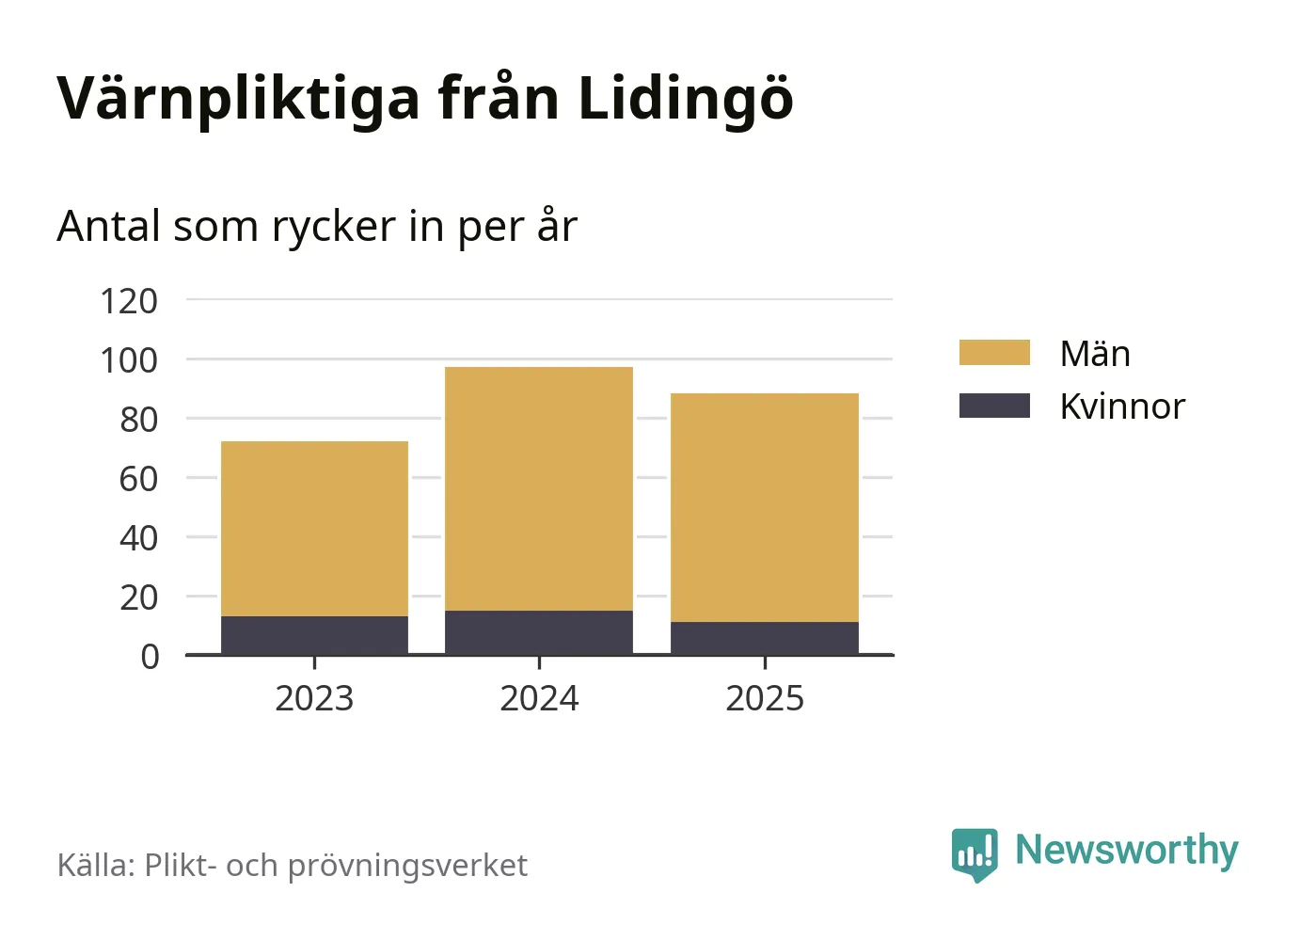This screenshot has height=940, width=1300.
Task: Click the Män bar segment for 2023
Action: coord(314,529)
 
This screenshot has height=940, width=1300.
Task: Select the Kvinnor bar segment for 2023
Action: coord(314,635)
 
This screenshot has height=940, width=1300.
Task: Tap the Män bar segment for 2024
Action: coord(539,488)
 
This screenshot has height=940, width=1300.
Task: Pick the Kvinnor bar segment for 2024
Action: coord(539,632)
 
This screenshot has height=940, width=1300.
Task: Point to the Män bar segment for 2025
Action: coord(765,507)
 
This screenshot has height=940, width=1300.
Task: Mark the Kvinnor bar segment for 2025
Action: coord(765,638)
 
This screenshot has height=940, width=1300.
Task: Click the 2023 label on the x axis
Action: coord(314,698)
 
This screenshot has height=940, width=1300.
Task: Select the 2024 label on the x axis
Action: coord(539,698)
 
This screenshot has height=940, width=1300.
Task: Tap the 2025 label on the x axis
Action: coord(765,698)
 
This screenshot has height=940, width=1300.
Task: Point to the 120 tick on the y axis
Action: coord(129,301)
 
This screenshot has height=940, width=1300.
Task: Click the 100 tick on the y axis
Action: coord(129,360)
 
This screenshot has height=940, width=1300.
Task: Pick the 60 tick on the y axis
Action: coord(138,479)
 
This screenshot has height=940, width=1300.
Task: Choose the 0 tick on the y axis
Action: coord(150,656)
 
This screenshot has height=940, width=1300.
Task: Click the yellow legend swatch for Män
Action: coord(994,353)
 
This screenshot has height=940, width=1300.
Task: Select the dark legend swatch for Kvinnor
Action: coord(994,406)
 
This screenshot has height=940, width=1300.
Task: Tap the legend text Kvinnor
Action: coord(1121,406)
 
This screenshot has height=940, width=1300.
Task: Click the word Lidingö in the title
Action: coord(686,98)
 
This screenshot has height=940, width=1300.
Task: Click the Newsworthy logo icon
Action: coord(974,853)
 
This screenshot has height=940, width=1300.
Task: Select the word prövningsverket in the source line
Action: coord(407,866)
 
